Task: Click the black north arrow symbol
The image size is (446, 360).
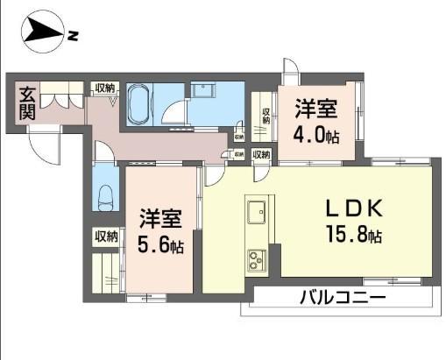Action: pyautogui.click(x=43, y=35)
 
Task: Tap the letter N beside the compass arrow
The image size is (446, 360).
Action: pyautogui.click(x=74, y=36)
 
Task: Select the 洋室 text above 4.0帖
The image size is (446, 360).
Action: pyautogui.click(x=315, y=109)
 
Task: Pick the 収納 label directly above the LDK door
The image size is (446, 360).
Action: pyautogui.click(x=261, y=155)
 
